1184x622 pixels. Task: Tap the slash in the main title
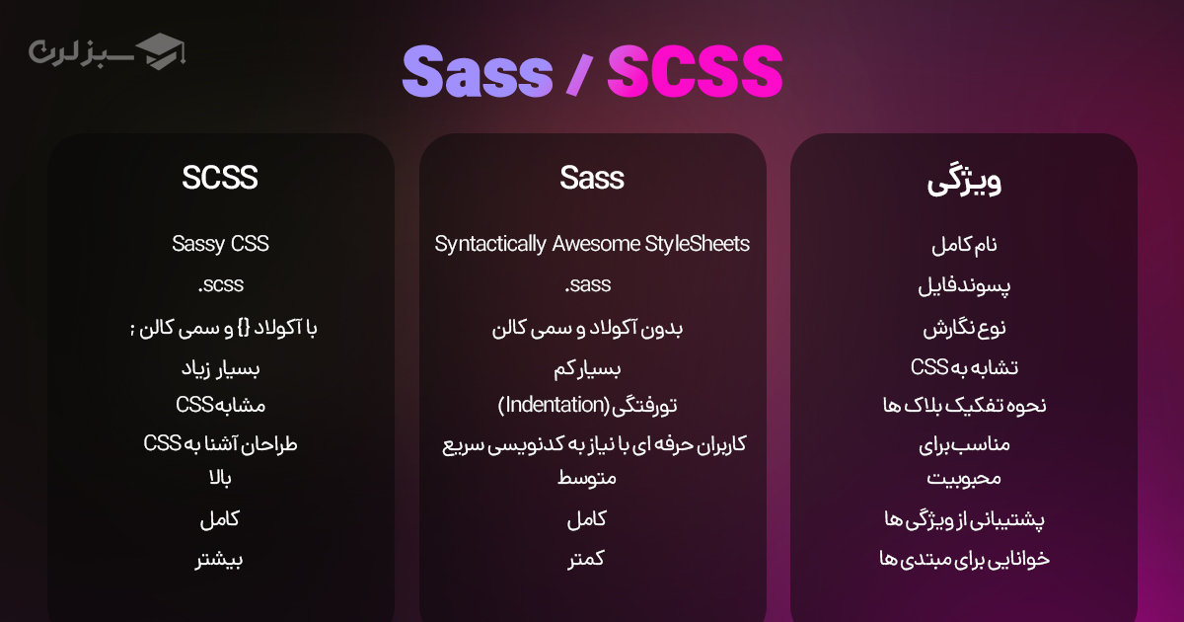point(579,73)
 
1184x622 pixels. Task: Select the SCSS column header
point(220,178)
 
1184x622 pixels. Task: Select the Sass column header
point(592,178)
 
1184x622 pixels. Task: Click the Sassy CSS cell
point(220,243)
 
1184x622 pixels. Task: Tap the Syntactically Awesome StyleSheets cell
point(592,244)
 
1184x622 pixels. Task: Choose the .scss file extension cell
point(220,285)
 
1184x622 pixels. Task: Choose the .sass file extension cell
point(589,285)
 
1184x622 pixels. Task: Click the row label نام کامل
point(964,245)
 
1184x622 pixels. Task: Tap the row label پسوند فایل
point(964,286)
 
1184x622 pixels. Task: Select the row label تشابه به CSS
point(964,367)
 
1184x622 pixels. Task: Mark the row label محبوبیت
point(964,479)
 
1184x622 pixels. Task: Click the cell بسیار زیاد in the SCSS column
point(220,368)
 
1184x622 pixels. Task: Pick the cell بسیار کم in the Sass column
point(592,368)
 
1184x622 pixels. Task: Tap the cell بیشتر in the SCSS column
point(220,559)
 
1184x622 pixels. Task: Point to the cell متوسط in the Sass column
point(592,479)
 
